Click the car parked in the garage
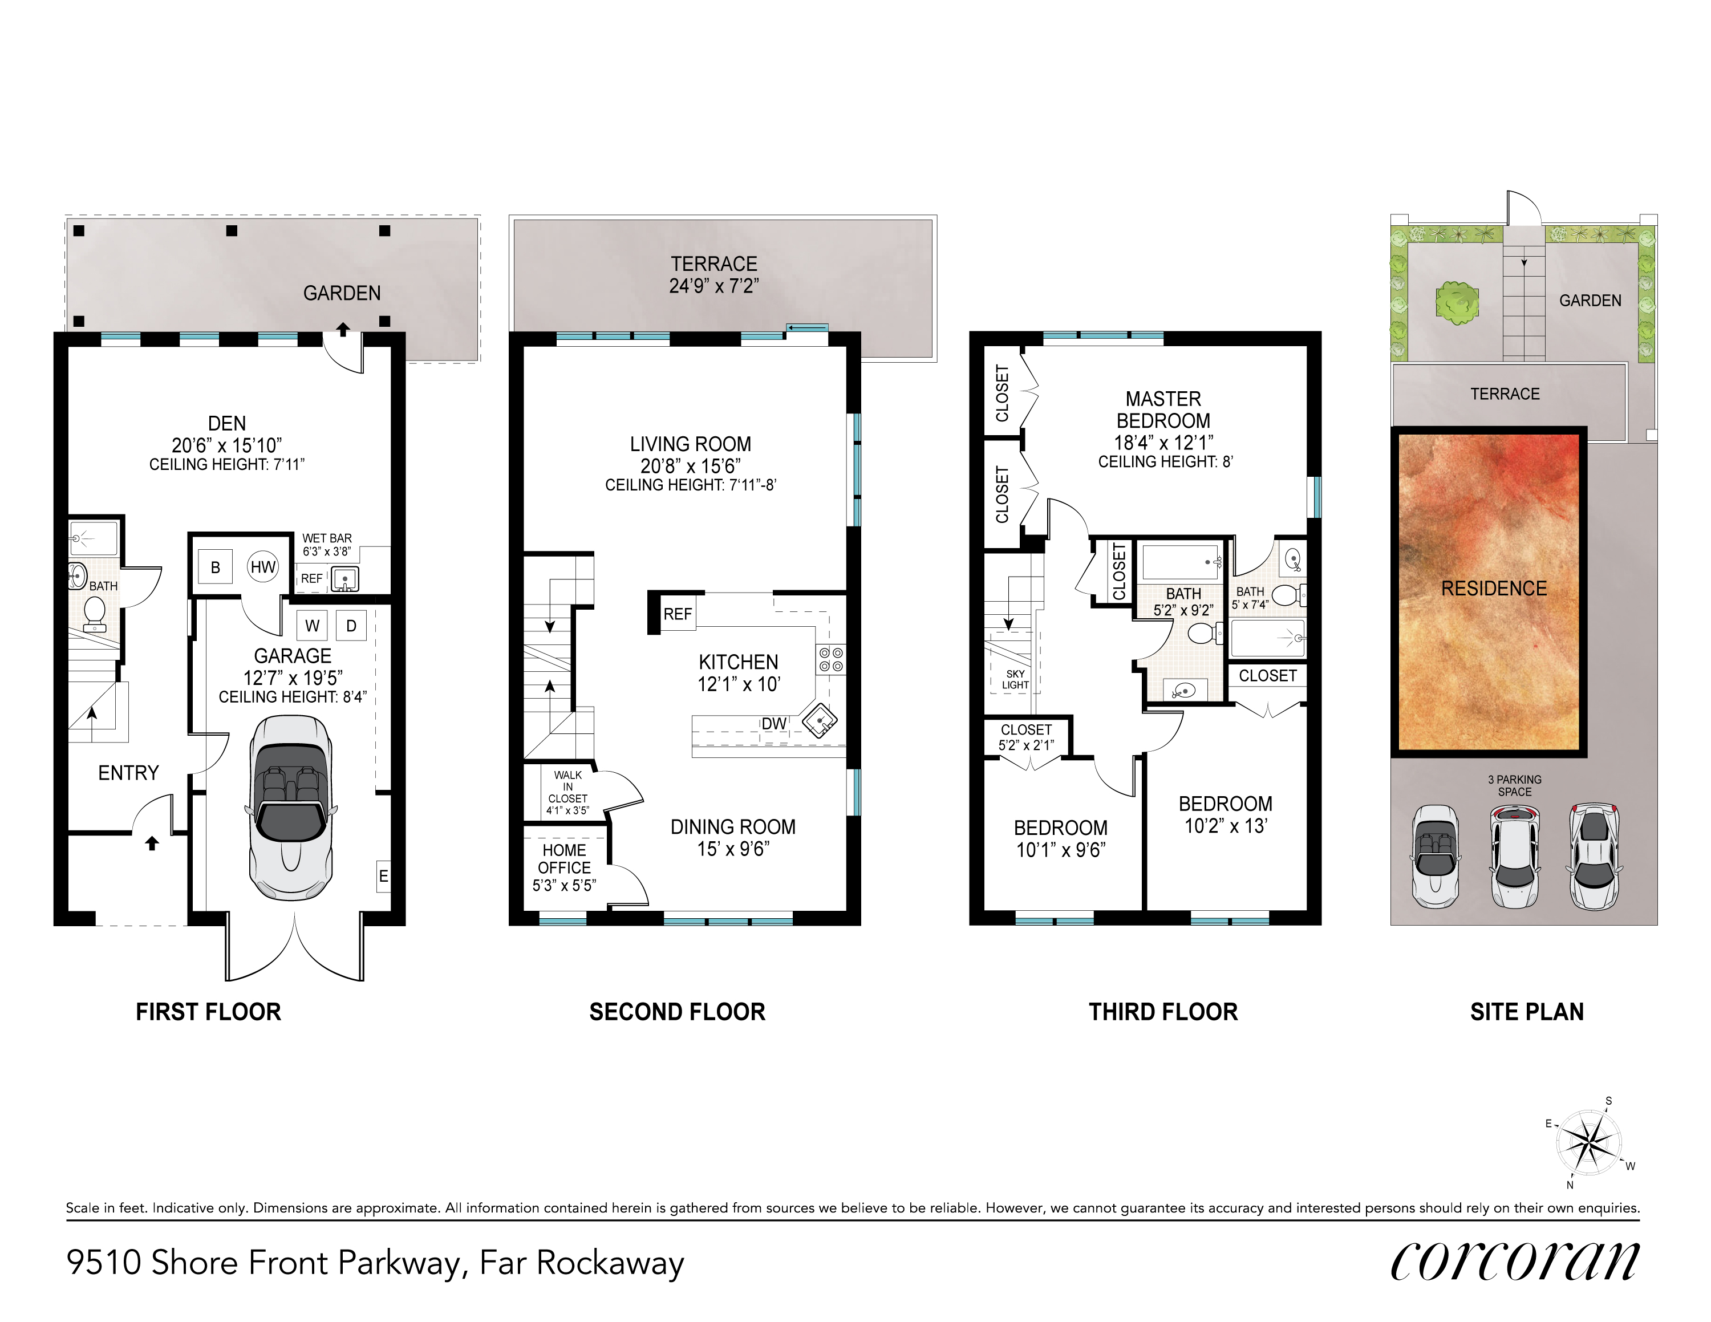pyautogui.click(x=291, y=808)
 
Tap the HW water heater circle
pyautogui.click(x=263, y=567)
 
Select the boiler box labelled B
pyautogui.click(x=216, y=567)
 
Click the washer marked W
pyautogui.click(x=312, y=626)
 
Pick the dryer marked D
pyautogui.click(x=351, y=626)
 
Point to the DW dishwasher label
pyautogui.click(x=774, y=724)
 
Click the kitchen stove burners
pyautogui.click(x=831, y=659)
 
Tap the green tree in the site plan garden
pyautogui.click(x=1457, y=302)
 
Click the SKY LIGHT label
pyautogui.click(x=1015, y=679)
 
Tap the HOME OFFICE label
pyautogui.click(x=564, y=859)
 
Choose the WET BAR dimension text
pyautogui.click(x=327, y=551)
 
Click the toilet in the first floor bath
pyautogui.click(x=95, y=613)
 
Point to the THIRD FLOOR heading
pyautogui.click(x=1163, y=1012)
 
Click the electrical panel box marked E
pyautogui.click(x=383, y=875)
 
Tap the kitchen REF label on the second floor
pyautogui.click(x=678, y=614)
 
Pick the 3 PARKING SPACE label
pyautogui.click(x=1514, y=785)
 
